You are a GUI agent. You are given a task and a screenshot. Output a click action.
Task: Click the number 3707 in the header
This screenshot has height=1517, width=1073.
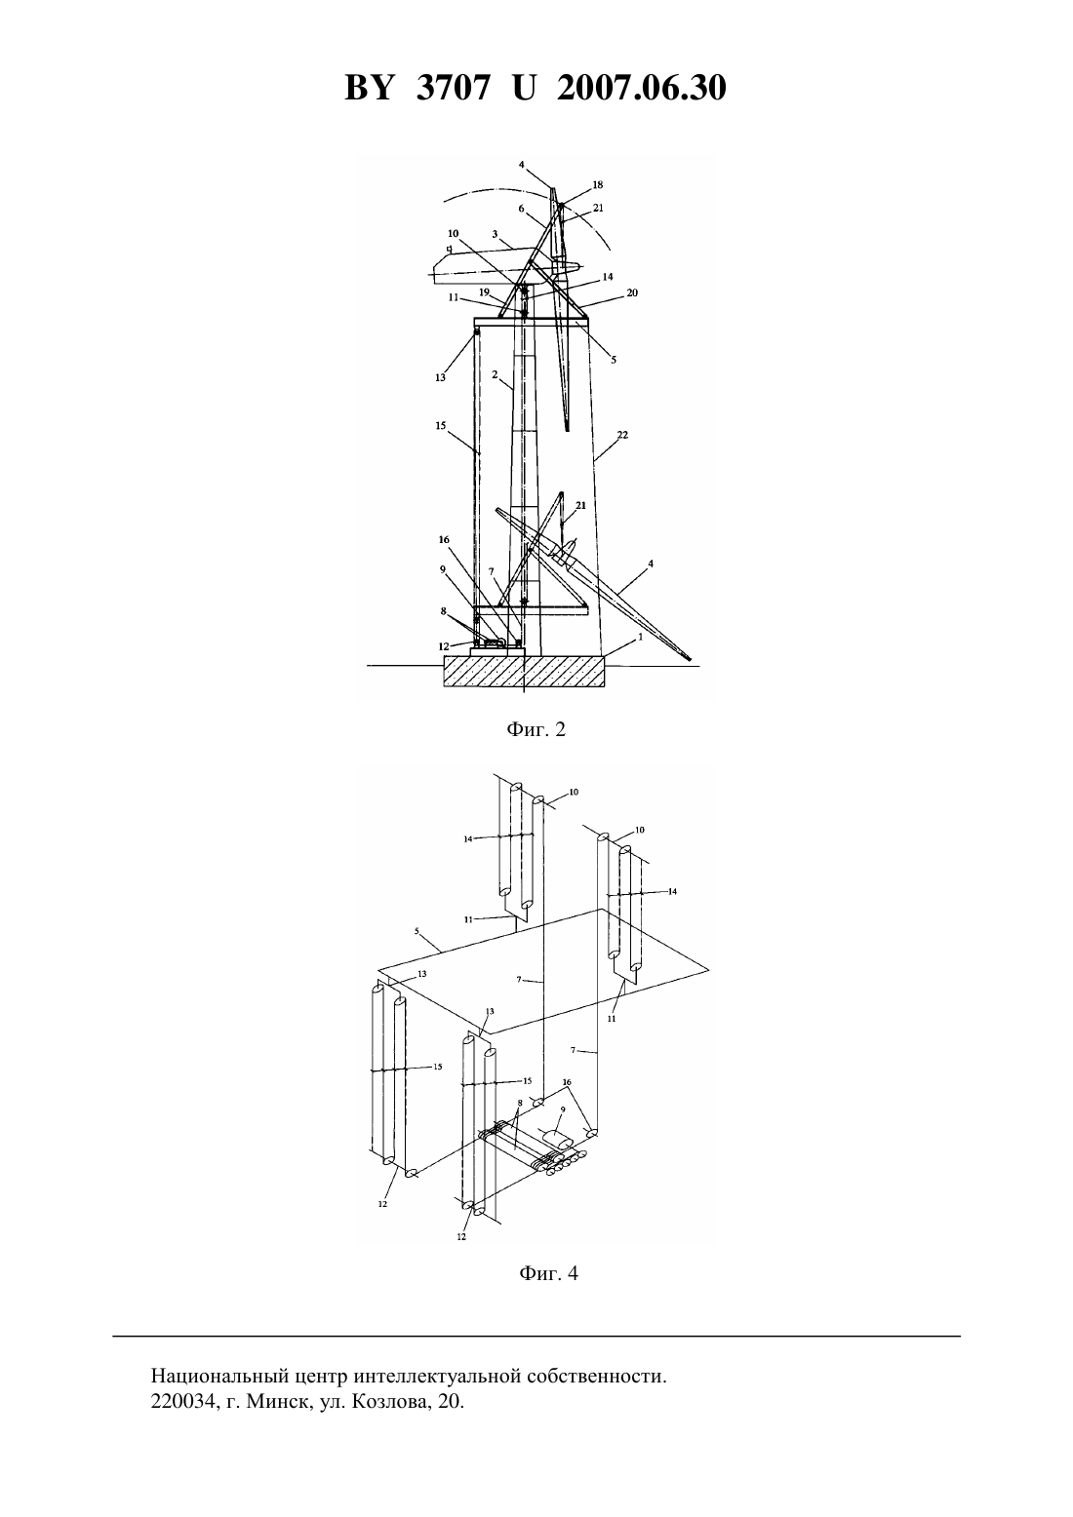coord(452,88)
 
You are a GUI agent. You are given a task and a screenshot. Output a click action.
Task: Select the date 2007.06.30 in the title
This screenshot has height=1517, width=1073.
coord(642,88)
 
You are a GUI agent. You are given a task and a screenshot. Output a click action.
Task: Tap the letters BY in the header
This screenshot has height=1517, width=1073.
coord(369,88)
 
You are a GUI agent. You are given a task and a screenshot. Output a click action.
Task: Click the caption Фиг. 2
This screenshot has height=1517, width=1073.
coord(536,729)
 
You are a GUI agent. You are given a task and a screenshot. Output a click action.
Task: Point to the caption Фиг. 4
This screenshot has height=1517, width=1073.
coord(548,1273)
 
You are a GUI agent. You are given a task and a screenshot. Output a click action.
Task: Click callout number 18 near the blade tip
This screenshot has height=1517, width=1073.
coord(597,184)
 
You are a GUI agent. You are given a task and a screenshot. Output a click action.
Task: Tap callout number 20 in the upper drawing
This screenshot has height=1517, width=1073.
coord(632,292)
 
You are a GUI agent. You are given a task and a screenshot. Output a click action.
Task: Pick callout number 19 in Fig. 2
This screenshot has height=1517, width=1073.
coord(484,292)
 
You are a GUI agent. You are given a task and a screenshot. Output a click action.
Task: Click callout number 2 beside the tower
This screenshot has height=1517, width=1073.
coord(495,374)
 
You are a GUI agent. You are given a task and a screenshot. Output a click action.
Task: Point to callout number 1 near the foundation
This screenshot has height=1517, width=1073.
coord(640,637)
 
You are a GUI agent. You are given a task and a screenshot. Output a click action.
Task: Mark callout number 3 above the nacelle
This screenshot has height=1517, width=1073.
coord(495,234)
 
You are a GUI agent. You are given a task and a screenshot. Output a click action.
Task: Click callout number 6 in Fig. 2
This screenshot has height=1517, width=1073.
coord(521,209)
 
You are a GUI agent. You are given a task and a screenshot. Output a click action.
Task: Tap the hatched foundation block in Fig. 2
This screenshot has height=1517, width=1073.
coord(524,671)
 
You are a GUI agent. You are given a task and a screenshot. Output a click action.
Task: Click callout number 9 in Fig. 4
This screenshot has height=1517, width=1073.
coord(562,1109)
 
